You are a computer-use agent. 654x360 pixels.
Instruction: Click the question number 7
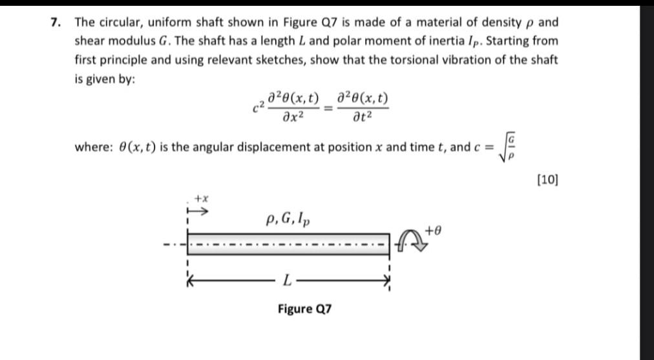[x=56, y=22]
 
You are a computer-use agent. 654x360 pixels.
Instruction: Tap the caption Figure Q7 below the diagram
[x=304, y=308]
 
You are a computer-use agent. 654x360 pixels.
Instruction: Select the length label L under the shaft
[x=286, y=280]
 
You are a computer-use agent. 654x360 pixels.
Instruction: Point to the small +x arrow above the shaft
[x=197, y=211]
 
